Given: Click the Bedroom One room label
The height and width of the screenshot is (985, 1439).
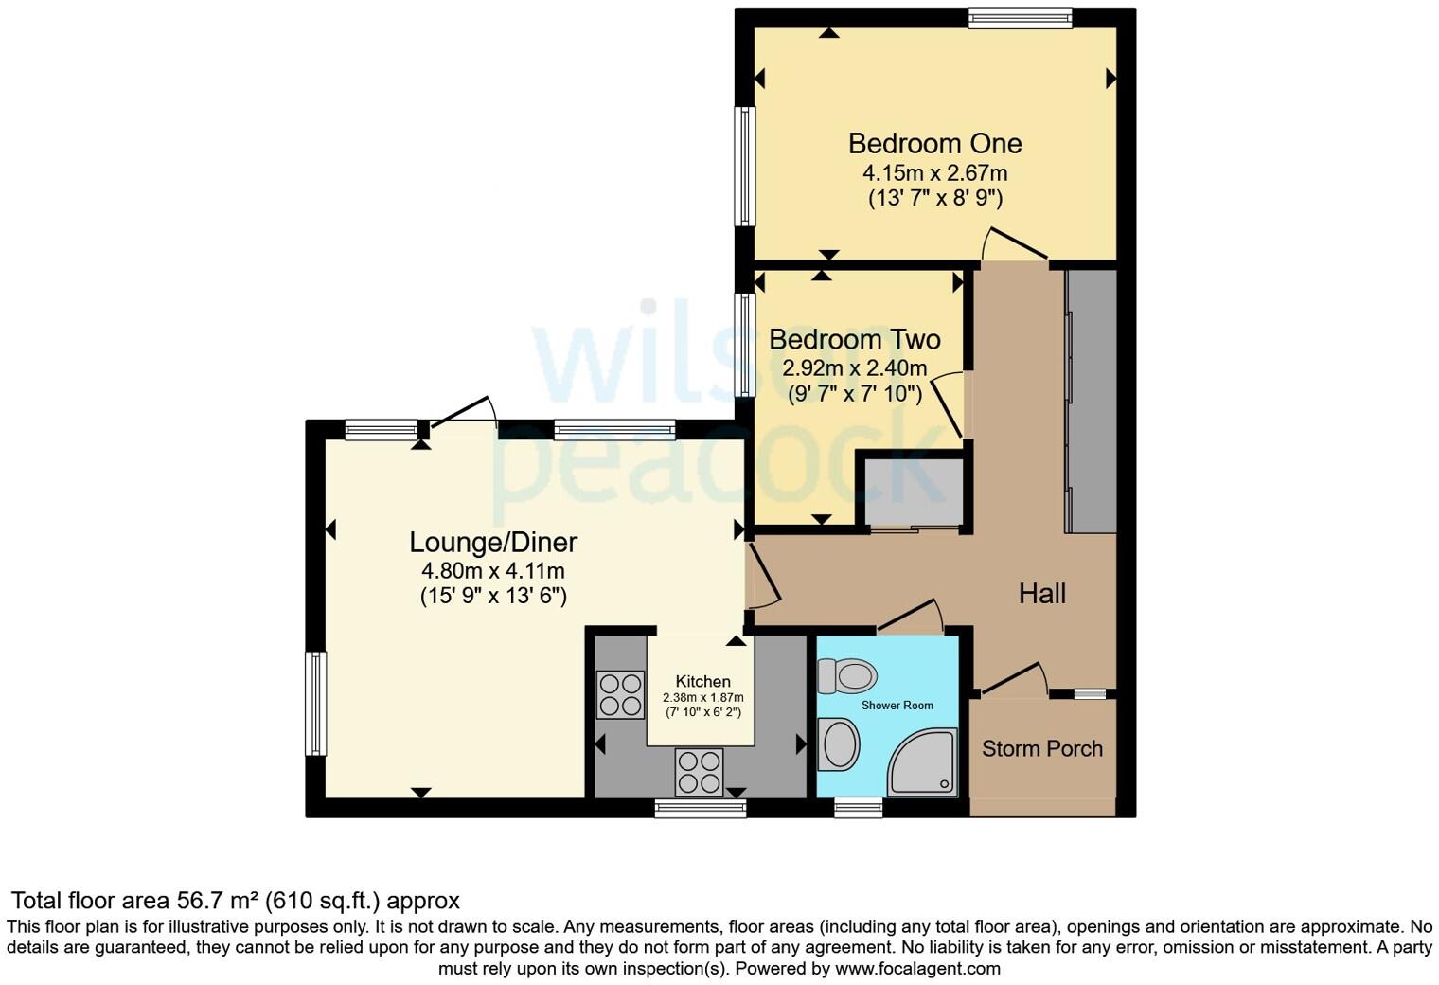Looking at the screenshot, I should (934, 144).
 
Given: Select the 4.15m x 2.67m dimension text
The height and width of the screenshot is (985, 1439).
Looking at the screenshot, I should (934, 173).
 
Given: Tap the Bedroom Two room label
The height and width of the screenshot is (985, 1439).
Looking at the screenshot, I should (854, 339).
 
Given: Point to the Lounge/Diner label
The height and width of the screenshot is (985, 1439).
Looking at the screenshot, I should (493, 543).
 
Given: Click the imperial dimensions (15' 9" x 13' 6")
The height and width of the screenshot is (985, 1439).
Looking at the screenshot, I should (493, 596).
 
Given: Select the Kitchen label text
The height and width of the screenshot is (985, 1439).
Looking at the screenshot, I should (702, 682).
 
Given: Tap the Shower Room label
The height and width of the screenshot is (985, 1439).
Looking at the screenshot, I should (897, 706).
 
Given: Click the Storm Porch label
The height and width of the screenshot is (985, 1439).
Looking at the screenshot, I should (1041, 748).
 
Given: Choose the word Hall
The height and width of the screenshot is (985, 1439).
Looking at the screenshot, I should (1041, 594).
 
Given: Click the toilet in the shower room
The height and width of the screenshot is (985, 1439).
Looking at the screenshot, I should (847, 676).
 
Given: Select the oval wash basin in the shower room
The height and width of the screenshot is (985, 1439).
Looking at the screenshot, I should (839, 743).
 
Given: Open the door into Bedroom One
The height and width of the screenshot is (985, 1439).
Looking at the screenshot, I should (1014, 243).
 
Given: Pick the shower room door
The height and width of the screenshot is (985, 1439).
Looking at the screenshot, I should (910, 616).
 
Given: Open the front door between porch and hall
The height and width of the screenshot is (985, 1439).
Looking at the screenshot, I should (1012, 678).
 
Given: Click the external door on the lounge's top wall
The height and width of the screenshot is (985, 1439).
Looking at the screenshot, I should (460, 413).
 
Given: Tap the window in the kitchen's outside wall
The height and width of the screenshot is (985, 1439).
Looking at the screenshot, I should (701, 809).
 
